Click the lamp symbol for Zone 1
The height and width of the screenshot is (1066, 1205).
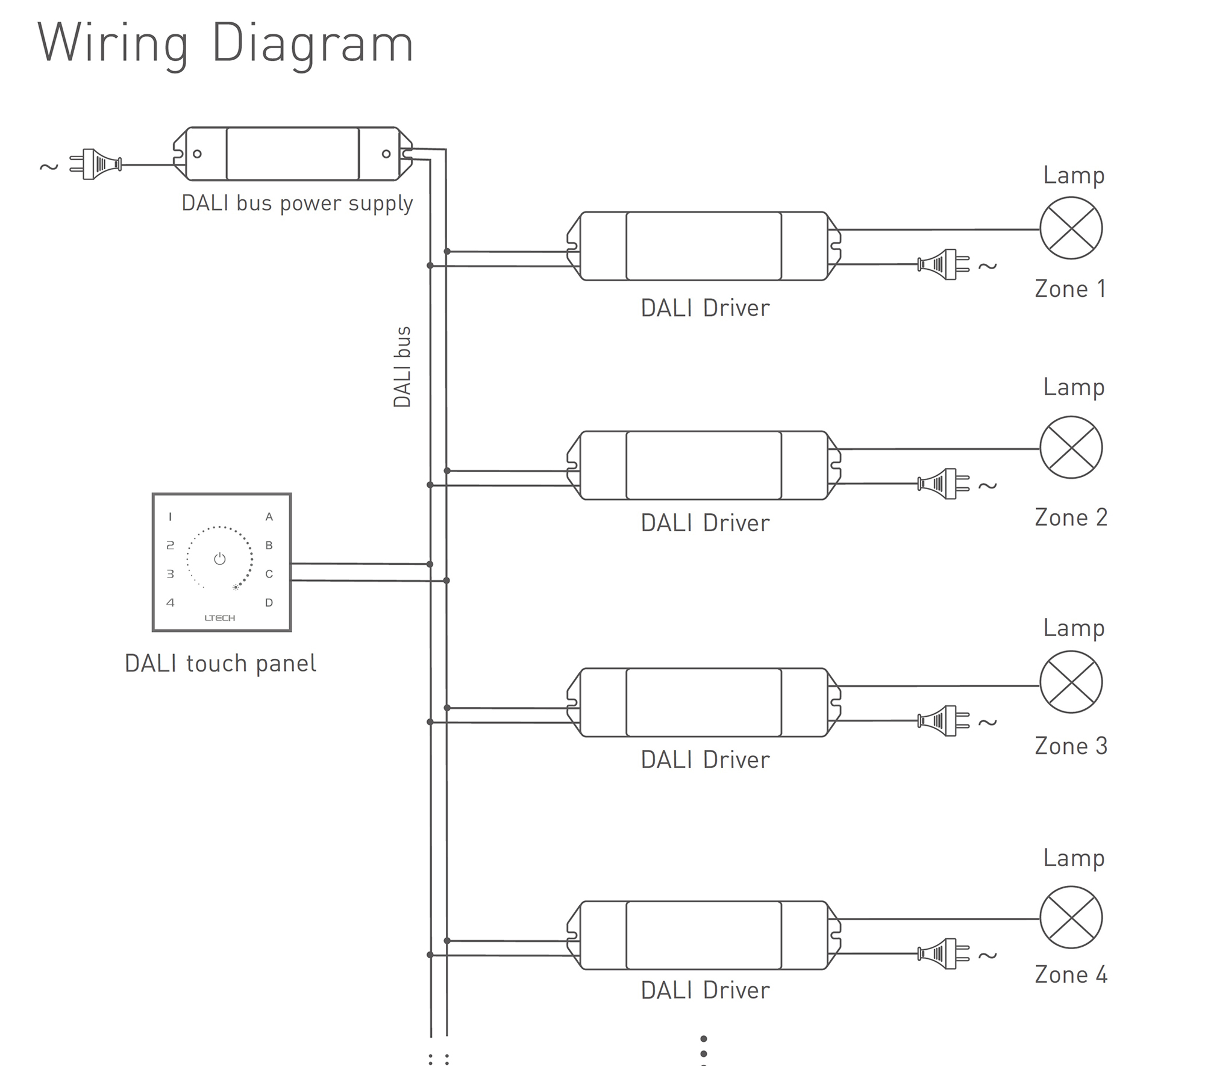point(1071,228)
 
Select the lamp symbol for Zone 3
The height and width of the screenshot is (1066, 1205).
point(1071,682)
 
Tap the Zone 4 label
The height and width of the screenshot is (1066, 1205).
point(1071,974)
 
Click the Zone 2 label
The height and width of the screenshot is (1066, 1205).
point(1071,517)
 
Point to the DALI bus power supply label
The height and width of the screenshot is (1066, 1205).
point(297,204)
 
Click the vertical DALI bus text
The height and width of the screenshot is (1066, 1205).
point(402,367)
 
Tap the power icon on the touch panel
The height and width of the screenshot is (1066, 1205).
point(220,559)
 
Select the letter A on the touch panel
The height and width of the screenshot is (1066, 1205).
point(269,517)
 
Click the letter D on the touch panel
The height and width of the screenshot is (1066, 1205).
point(269,603)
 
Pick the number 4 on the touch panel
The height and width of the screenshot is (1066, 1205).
point(171,603)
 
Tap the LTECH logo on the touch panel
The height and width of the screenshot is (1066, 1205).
point(220,618)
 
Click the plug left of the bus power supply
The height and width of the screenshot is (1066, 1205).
point(96,164)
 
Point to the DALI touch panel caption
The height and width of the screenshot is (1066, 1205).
point(220,664)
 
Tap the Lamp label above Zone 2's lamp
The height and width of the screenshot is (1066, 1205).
point(1074,387)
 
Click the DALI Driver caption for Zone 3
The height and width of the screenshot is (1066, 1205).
point(705,760)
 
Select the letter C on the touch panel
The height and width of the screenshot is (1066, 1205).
point(269,574)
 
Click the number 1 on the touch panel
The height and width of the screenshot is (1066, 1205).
point(171,517)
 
